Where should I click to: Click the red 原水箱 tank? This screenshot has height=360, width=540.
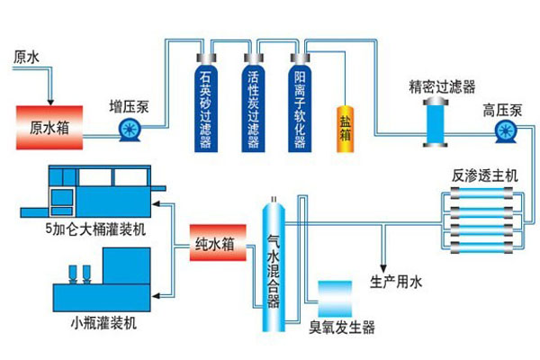[x=49, y=127]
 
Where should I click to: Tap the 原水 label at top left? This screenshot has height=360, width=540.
[x=27, y=57]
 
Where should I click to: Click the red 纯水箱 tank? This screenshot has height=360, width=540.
[x=215, y=244]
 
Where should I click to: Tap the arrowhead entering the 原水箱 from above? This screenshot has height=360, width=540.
[x=50, y=100]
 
